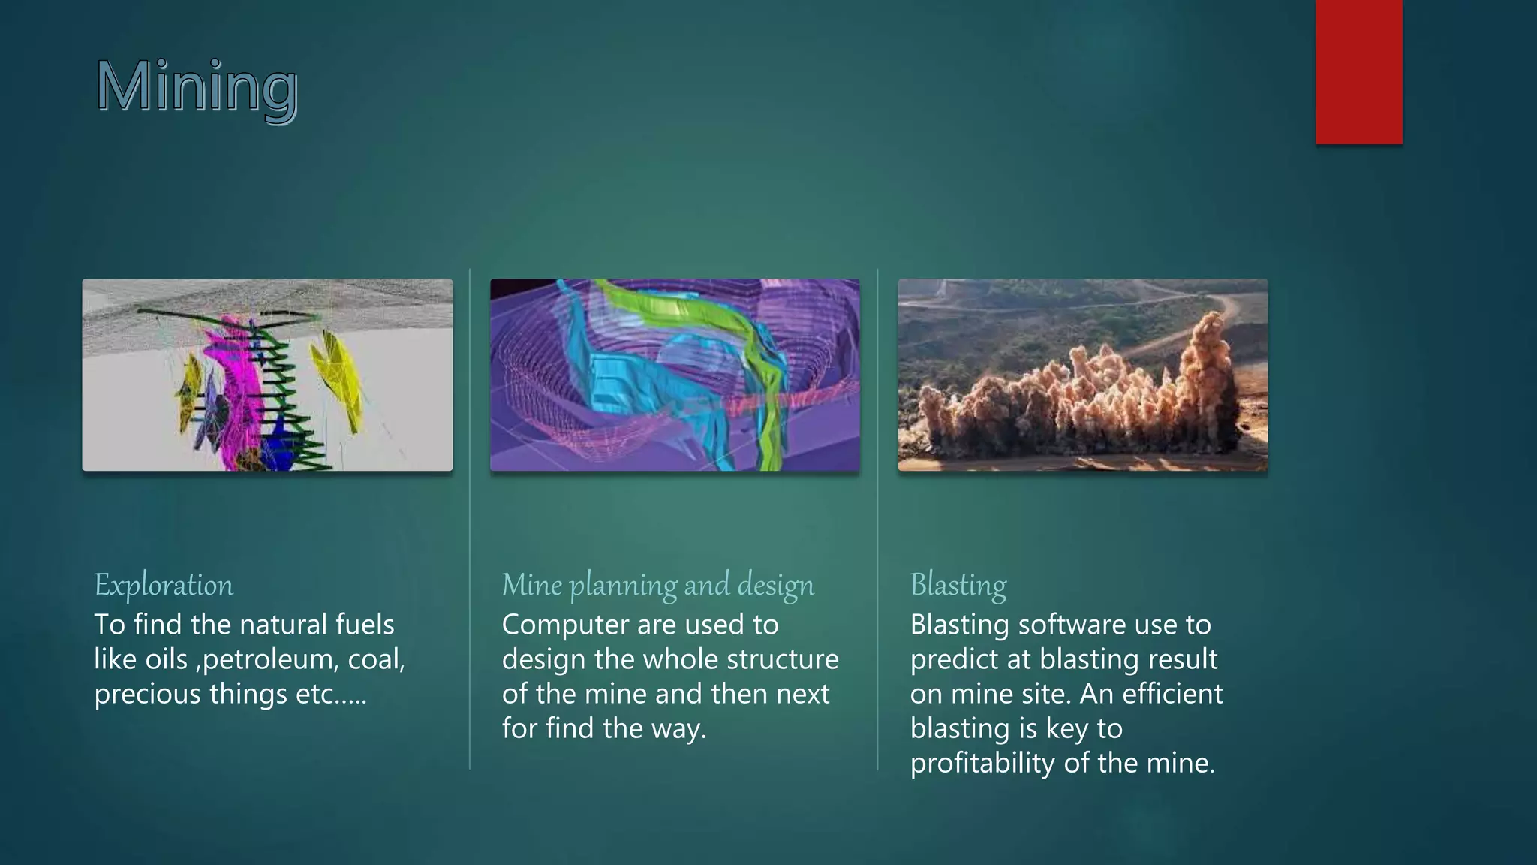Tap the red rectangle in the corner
[x=1358, y=71]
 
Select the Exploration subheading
[x=164, y=585]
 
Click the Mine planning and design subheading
[x=657, y=585]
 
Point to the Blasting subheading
[x=958, y=585]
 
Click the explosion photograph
[x=1082, y=375]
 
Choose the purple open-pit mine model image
[x=675, y=375]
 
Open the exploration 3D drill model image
[x=267, y=375]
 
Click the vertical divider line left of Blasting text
[x=877, y=518]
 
